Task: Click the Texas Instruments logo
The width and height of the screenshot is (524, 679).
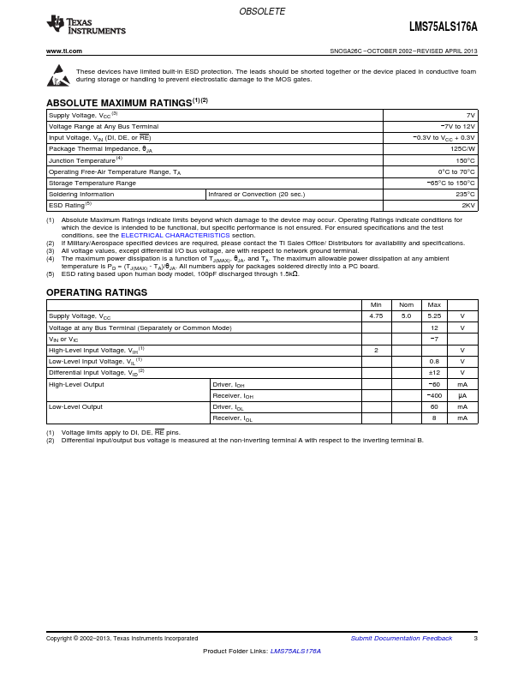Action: coord(86,26)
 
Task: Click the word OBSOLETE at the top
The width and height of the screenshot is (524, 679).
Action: coord(262,11)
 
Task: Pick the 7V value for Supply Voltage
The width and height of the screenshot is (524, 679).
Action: coord(470,115)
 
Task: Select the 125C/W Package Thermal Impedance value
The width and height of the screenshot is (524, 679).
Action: coord(462,149)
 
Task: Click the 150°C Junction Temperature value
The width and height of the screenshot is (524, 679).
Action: coord(465,160)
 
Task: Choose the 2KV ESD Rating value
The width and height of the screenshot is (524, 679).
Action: coord(467,206)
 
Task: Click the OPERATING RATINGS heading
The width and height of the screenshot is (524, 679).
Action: coord(97,292)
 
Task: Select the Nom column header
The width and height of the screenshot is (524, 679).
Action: coord(406,305)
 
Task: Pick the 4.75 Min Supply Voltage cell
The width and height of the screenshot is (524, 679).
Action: coord(376,316)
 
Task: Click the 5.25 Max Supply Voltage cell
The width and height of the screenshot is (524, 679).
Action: coord(434,316)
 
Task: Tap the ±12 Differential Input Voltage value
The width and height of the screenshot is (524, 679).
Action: coord(434,372)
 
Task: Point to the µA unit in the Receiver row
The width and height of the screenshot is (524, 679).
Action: coord(462,395)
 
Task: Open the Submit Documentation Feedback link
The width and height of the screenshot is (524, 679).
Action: coord(402,639)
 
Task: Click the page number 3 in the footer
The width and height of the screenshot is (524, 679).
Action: coord(475,639)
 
